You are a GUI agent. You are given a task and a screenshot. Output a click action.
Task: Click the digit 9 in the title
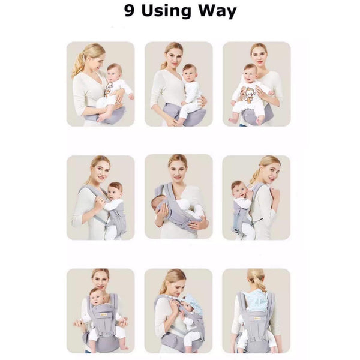coord(129,11)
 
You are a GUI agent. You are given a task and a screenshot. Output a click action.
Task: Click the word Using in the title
coord(166,11)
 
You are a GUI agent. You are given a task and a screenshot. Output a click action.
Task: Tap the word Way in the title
coord(217,12)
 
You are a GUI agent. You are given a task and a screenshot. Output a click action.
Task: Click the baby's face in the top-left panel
coord(113,73)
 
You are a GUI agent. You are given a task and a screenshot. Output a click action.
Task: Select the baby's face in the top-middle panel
coord(189,73)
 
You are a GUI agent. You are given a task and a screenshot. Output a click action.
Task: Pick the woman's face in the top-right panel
coord(259,56)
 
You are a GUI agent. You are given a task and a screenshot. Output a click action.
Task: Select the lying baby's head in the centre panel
coord(158,202)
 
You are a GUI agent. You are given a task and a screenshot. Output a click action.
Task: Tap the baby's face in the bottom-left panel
coord(97,298)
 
